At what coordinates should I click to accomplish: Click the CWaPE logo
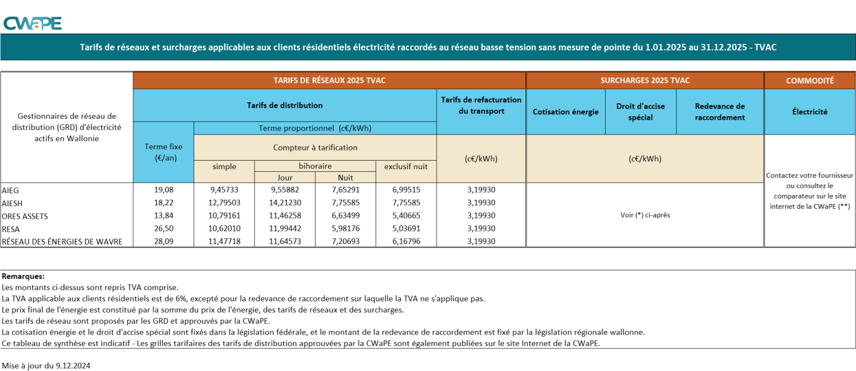point(33,24)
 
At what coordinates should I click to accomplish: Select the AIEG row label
point(10,191)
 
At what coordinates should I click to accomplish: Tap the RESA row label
point(11,229)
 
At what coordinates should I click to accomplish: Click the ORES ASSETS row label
point(25,216)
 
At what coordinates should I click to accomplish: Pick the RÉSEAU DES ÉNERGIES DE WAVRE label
point(62,242)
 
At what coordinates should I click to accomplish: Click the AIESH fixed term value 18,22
point(164,203)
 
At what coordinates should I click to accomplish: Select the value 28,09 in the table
point(164,241)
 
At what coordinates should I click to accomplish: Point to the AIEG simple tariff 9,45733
point(224,190)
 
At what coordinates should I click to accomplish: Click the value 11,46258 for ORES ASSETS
point(285,216)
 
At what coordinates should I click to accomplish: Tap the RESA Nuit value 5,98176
point(346,229)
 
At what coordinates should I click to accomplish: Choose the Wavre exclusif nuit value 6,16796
point(406,241)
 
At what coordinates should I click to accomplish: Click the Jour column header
point(285,178)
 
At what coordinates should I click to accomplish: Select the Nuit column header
point(346,178)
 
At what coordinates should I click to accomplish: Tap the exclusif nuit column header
point(406,166)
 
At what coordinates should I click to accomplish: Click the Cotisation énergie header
point(565,112)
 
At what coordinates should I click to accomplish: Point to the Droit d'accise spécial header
point(640,112)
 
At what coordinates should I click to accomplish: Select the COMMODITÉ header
point(809,81)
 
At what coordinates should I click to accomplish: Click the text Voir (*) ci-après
point(645,215)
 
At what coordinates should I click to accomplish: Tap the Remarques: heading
point(24,276)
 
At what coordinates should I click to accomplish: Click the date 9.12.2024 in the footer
point(73,366)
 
